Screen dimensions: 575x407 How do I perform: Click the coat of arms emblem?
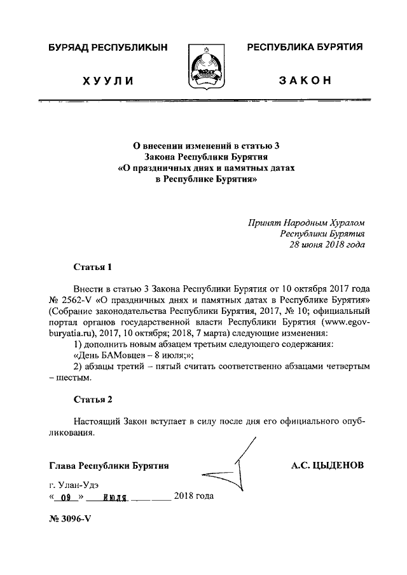tap(203, 69)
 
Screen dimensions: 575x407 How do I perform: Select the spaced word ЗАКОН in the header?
tap(305, 81)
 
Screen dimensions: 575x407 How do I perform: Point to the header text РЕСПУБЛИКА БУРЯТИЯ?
tap(305, 48)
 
